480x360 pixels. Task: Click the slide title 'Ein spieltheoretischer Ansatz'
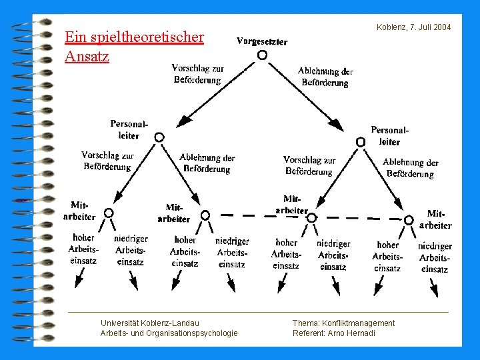(x=133, y=46)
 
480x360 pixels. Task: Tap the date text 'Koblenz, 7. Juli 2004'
(x=413, y=27)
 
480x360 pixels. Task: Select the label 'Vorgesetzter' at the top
(x=262, y=41)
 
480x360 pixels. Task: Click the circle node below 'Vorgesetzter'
(x=262, y=55)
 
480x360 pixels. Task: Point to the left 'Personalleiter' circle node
(x=159, y=137)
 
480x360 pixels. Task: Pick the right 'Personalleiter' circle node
(x=361, y=141)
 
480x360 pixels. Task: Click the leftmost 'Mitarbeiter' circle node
(x=109, y=213)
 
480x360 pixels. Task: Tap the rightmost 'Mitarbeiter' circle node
(x=407, y=219)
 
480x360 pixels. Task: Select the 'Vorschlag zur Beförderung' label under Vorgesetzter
(x=197, y=74)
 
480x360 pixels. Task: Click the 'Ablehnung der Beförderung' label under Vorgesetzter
(x=325, y=77)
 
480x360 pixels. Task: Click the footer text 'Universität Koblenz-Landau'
(x=149, y=323)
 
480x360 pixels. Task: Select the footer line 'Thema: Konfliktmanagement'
(x=343, y=323)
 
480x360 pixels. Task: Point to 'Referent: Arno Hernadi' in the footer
(x=334, y=333)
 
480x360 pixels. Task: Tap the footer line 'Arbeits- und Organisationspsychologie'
(x=169, y=333)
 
